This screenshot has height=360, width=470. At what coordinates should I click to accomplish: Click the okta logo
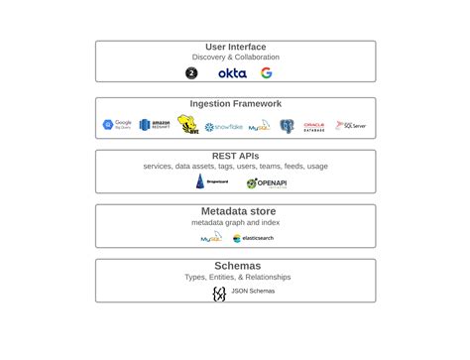pyautogui.click(x=232, y=73)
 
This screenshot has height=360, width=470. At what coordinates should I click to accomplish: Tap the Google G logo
pyautogui.click(x=267, y=73)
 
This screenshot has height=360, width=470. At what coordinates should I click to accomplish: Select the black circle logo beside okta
pyautogui.click(x=191, y=73)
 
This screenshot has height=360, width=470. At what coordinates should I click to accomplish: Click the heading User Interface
pyautogui.click(x=236, y=47)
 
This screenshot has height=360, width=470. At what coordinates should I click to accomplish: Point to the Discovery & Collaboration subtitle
pyautogui.click(x=236, y=58)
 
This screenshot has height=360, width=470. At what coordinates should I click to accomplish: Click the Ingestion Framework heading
pyautogui.click(x=236, y=103)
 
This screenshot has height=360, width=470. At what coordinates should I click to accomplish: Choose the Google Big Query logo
pyautogui.click(x=117, y=125)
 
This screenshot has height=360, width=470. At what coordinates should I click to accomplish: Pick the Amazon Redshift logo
pyautogui.click(x=155, y=125)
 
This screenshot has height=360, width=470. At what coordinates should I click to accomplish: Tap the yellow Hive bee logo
pyautogui.click(x=187, y=125)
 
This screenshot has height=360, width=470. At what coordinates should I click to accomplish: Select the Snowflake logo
pyautogui.click(x=223, y=127)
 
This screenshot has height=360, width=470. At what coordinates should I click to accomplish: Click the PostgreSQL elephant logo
pyautogui.click(x=287, y=126)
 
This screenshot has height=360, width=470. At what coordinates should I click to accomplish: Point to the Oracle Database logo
pyautogui.click(x=314, y=127)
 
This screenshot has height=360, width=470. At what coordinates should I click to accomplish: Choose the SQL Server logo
pyautogui.click(x=351, y=126)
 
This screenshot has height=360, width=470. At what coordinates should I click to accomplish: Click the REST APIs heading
pyautogui.click(x=236, y=156)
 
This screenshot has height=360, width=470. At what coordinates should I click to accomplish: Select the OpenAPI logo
pyautogui.click(x=266, y=183)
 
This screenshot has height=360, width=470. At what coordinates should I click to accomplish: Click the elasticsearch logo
pyautogui.click(x=253, y=238)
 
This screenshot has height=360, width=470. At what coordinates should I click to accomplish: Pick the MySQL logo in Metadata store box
pyautogui.click(x=211, y=238)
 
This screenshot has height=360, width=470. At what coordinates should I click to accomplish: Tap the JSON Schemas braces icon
pyautogui.click(x=219, y=293)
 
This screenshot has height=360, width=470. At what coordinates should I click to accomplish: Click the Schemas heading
pyautogui.click(x=236, y=266)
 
